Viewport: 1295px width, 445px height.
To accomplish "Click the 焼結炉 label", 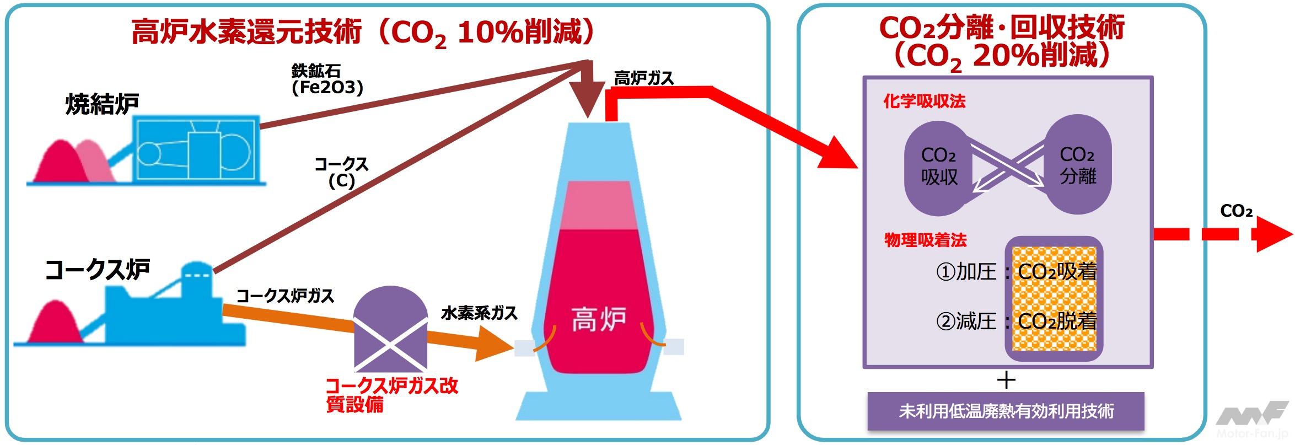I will coord(102,104).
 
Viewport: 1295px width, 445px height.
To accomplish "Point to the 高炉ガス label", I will coord(644,78).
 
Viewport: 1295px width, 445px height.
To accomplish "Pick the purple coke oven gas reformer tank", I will coord(390,330).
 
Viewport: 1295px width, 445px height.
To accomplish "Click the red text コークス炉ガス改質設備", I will coord(391,395).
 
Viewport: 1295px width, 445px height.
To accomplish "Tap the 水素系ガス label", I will coord(479,313).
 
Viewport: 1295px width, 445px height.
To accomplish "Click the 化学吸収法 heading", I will coord(925,101).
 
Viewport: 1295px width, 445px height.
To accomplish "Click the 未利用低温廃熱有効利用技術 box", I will coord(1006,411).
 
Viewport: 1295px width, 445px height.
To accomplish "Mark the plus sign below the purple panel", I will coord(1007,380).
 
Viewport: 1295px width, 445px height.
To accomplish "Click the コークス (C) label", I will coord(341,172).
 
